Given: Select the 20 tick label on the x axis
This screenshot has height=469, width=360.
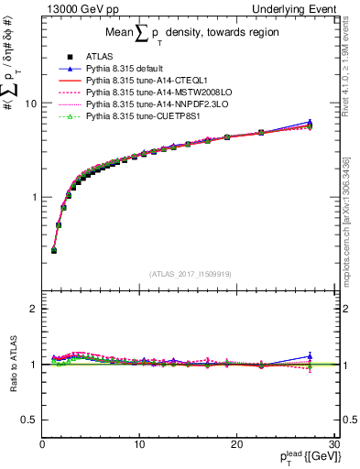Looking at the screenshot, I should pos(236,444).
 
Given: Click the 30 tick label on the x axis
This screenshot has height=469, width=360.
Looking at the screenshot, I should pos(333,444).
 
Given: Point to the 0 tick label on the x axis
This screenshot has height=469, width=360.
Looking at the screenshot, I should pos(42,444).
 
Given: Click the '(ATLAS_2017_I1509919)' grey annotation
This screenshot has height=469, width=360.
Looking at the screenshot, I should pos(189,273).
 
